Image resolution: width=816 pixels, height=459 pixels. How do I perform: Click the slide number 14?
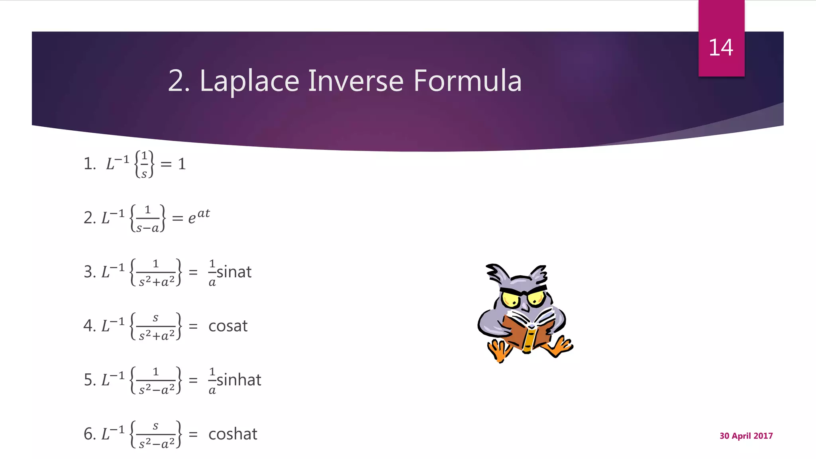coord(721,48)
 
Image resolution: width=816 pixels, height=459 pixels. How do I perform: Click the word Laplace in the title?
coord(249,81)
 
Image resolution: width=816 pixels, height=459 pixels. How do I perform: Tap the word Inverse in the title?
coord(356,81)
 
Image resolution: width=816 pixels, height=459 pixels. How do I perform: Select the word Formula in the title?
coord(467,81)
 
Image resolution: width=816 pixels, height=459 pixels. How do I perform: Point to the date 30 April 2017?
coord(746,436)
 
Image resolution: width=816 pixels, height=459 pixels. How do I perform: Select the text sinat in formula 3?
coord(234,272)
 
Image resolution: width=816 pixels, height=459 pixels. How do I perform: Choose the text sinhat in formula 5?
coord(239,380)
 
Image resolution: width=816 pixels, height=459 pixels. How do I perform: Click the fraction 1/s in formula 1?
coord(144,164)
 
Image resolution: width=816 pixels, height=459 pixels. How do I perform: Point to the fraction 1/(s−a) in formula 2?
coord(147,219)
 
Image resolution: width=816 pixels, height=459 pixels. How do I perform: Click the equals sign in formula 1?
coord(166,164)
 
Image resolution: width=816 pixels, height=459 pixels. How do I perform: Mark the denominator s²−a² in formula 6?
coord(157,443)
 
